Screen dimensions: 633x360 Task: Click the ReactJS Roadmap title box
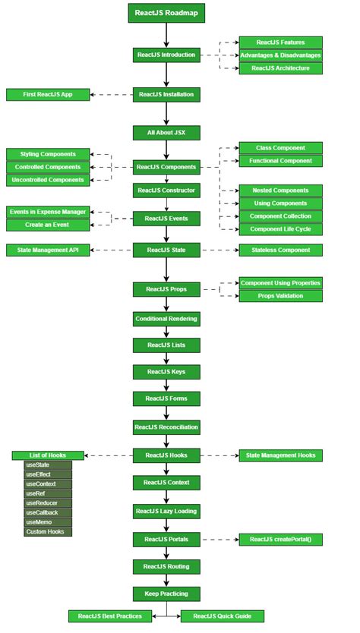[x=166, y=14]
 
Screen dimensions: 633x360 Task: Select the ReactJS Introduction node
[x=166, y=55]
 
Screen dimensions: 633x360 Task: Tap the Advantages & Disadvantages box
[x=280, y=55]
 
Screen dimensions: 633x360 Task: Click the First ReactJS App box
[x=49, y=95]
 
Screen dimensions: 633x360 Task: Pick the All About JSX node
[x=166, y=133]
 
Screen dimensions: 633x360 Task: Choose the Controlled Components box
[x=49, y=167]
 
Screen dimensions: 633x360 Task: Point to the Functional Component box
[x=280, y=161]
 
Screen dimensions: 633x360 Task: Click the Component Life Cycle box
[x=280, y=229]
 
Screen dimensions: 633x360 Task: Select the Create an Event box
[x=49, y=225]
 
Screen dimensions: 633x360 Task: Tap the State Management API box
[x=49, y=250]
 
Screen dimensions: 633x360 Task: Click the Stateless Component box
[x=280, y=250]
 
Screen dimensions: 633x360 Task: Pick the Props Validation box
[x=280, y=296]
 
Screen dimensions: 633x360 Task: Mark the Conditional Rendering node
[x=166, y=319]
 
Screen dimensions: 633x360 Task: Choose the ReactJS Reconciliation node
[x=166, y=427]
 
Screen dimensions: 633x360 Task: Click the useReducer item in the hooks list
[x=48, y=503]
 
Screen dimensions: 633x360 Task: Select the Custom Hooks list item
[x=48, y=532]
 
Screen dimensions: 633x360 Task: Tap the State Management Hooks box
[x=280, y=455]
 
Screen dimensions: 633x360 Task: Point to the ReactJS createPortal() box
[x=280, y=540]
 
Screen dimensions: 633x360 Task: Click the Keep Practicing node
[x=166, y=593]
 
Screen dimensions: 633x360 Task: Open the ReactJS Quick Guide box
[x=222, y=616]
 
